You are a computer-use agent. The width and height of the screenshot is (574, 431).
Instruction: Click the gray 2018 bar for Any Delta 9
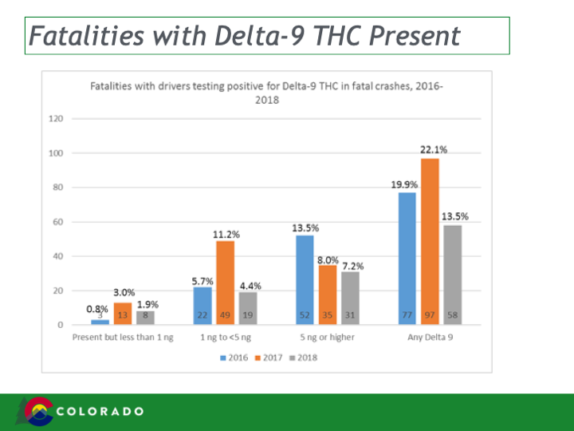click(x=453, y=275)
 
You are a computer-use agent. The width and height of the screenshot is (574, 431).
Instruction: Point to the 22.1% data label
click(x=433, y=149)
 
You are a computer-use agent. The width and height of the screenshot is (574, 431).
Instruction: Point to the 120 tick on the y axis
click(x=56, y=119)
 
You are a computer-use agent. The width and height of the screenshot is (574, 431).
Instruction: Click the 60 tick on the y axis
click(x=58, y=222)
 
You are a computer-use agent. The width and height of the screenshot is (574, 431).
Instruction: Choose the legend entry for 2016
click(x=233, y=358)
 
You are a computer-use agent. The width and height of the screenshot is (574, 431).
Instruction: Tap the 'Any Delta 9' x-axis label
click(x=431, y=338)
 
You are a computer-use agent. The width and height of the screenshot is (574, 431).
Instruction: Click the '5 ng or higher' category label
click(x=328, y=338)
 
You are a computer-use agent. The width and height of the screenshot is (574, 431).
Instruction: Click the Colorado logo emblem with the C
click(x=39, y=411)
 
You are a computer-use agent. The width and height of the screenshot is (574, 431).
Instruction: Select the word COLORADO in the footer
click(x=101, y=412)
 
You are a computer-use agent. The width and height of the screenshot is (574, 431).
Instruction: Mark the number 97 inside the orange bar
click(x=431, y=317)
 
